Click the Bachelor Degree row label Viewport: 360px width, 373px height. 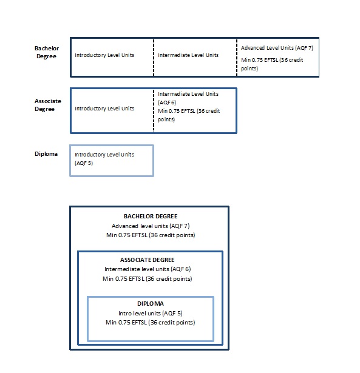point(47,52)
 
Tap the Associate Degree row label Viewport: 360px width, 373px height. point(48,105)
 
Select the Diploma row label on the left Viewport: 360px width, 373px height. point(46,154)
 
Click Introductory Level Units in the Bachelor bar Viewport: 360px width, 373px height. point(104,55)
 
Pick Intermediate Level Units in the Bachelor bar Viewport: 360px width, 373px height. point(188,55)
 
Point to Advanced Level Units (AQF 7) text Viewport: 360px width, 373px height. point(277,48)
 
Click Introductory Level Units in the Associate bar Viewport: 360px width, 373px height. point(104,109)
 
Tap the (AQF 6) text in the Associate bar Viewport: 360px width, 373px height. point(167,102)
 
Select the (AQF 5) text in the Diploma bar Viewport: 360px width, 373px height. point(84,163)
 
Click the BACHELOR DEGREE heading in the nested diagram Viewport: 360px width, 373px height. point(151,217)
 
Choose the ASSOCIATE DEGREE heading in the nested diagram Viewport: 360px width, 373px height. point(148,260)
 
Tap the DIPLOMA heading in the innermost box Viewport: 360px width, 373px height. point(151,303)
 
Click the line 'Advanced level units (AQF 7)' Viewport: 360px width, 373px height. point(151,226)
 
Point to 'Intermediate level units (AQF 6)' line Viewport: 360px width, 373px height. point(148,269)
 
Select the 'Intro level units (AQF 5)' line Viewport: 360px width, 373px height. point(150,314)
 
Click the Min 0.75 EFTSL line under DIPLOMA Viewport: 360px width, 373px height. point(151,322)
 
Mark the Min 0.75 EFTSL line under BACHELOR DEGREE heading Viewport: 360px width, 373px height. point(151,235)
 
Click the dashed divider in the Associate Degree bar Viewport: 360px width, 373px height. point(154,111)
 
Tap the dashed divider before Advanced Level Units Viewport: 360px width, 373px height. point(237,58)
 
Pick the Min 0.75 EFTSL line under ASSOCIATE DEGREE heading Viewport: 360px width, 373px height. point(148,278)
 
